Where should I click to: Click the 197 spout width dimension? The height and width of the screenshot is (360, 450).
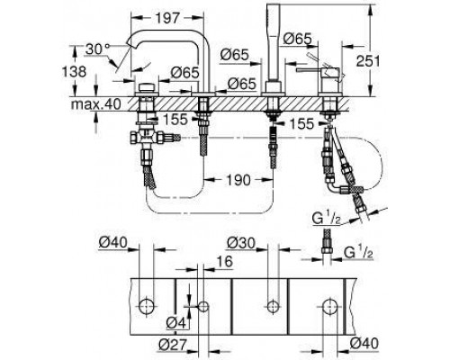[x=167, y=18]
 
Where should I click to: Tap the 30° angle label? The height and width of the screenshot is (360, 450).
[x=97, y=49]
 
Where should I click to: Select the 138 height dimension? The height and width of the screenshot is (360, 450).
[x=74, y=71]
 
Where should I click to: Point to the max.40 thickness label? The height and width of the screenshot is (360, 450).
[x=96, y=104]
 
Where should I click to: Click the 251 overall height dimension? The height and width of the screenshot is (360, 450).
[x=368, y=61]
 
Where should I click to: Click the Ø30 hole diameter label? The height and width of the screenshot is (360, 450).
[x=240, y=243]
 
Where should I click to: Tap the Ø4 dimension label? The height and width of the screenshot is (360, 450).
[x=176, y=323]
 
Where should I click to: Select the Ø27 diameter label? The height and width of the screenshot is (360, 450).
[x=173, y=344]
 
